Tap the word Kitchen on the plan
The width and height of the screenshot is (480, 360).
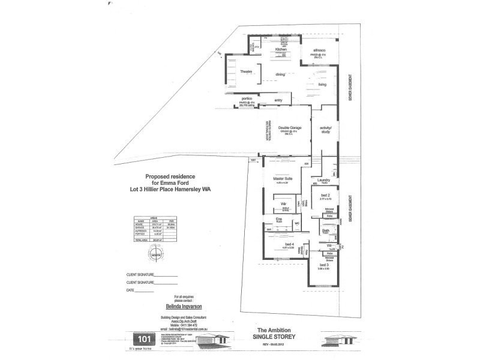pyautogui.click(x=282, y=49)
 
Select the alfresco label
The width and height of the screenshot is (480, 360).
pyautogui.click(x=319, y=50)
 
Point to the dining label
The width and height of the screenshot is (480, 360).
pyautogui.click(x=280, y=74)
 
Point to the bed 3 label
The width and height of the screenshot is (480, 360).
pyautogui.click(x=323, y=264)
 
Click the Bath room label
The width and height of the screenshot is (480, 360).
pyautogui.click(x=325, y=230)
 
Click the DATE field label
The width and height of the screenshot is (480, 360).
pyautogui.click(x=131, y=290)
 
